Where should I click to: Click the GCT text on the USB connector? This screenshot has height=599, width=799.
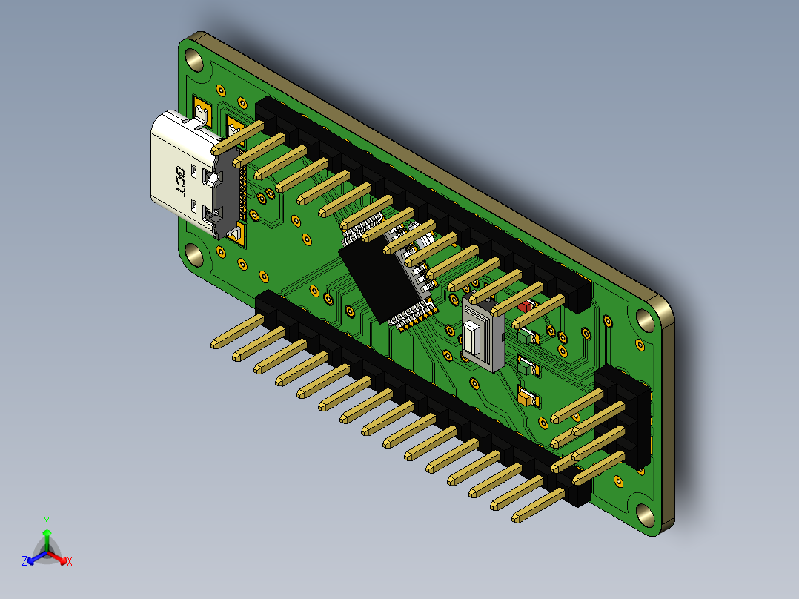[x=179, y=180]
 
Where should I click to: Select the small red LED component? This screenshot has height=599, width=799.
[x=526, y=305]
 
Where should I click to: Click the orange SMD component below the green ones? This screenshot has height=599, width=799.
[x=529, y=398]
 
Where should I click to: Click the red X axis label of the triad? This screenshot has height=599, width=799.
[x=70, y=562]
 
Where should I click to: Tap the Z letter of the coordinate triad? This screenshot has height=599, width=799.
[x=24, y=561]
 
